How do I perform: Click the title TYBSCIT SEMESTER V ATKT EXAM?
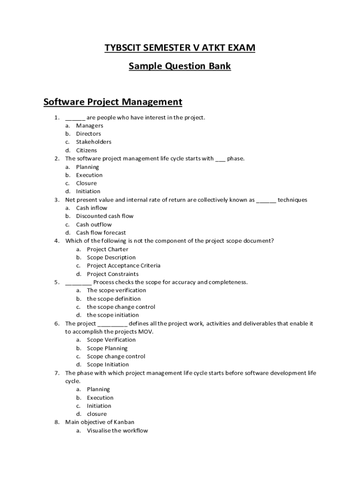(180, 48)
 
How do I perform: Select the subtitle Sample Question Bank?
(180, 66)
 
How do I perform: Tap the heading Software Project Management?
(112, 102)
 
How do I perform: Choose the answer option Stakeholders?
(94, 142)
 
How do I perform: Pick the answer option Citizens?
(86, 150)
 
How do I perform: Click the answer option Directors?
(88, 134)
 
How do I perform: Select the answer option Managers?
(89, 125)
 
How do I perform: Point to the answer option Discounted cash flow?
(105, 216)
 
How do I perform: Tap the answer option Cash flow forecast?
(101, 232)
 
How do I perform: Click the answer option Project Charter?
(107, 249)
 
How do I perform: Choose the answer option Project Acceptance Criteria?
(123, 266)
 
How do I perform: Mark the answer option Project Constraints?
(113, 274)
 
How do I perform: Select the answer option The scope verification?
(116, 290)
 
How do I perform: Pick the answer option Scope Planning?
(107, 348)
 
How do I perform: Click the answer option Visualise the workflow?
(117, 431)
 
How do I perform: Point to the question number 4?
(57, 241)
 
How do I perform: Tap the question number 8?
(57, 422)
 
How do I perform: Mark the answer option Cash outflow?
(94, 225)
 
